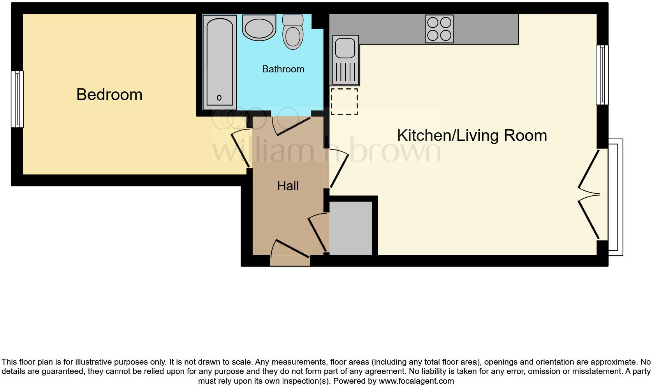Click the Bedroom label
tap(109, 95)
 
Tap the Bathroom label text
tap(283, 69)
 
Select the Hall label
tap(288, 186)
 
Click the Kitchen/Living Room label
tap(472, 135)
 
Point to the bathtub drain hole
tap(219, 98)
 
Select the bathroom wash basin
tap(259, 27)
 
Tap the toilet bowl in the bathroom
tap(293, 36)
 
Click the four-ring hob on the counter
tap(439, 29)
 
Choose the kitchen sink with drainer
tap(345, 60)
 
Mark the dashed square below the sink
tap(344, 102)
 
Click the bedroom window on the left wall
tap(17, 99)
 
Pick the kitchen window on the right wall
tap(602, 75)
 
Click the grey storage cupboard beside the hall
tap(351, 228)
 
